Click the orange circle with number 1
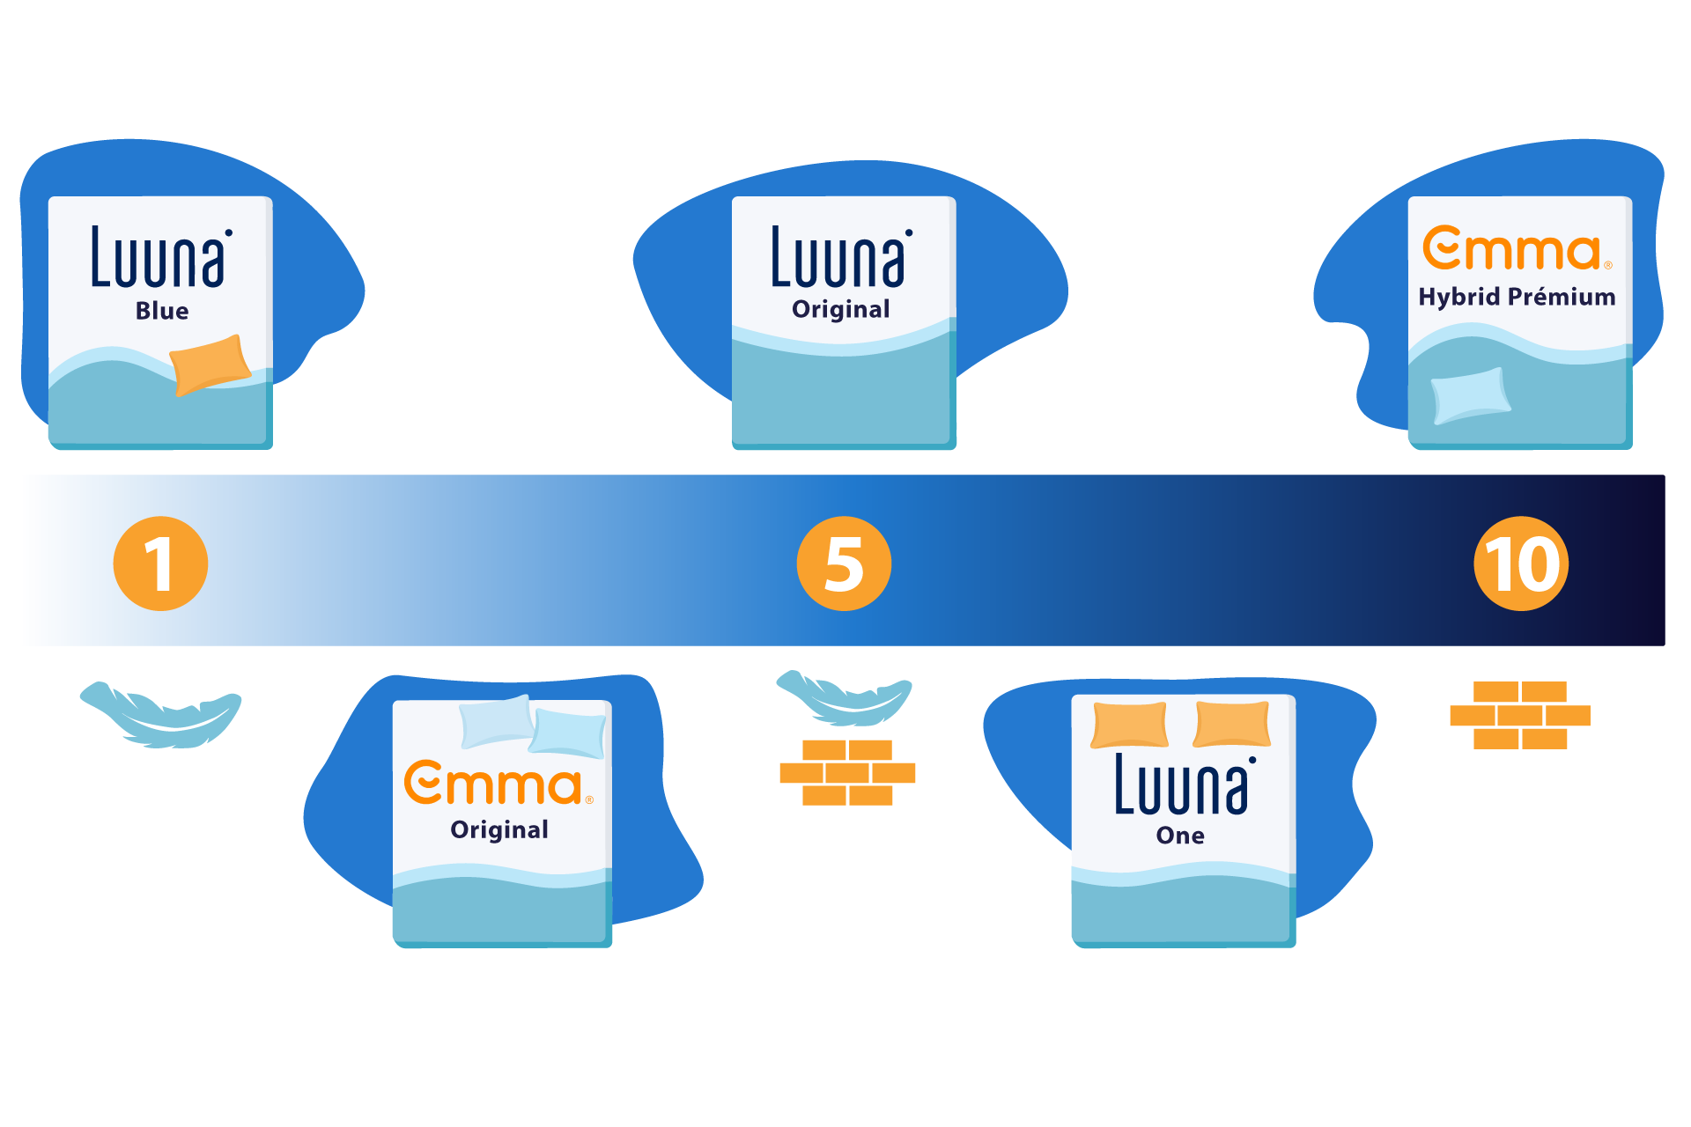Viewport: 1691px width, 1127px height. [160, 563]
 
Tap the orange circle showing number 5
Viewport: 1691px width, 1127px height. [844, 563]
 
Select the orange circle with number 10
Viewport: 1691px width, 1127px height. [1521, 563]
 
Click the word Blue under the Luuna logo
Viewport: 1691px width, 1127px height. [162, 311]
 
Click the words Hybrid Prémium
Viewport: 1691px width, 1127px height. [1517, 297]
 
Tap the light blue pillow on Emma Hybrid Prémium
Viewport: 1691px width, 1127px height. [1470, 394]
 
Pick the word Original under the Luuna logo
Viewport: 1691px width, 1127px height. [841, 309]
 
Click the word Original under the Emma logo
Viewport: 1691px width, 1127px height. [499, 829]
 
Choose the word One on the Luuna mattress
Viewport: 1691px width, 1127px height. [1180, 836]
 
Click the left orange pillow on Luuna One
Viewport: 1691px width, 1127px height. [1130, 725]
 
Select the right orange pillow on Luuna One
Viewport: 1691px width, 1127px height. [1232, 724]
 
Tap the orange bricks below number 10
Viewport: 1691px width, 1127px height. [1520, 715]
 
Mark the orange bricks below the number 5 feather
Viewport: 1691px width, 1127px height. [847, 772]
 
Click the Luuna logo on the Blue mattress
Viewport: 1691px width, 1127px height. [161, 257]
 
